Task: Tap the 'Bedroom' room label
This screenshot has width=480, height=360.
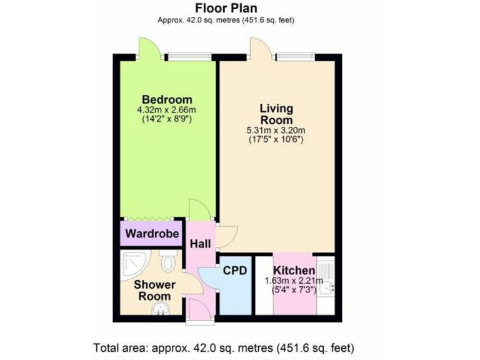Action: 167,99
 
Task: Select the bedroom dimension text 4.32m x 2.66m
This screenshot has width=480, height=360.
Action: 167,110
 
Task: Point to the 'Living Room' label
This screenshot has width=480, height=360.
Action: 276,114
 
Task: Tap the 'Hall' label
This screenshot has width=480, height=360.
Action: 201,243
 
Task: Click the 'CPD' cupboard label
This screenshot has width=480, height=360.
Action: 235,271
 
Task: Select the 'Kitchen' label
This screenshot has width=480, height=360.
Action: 294,271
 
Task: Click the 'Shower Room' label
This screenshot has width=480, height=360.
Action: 154,290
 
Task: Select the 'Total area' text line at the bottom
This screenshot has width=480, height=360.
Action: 224,347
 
